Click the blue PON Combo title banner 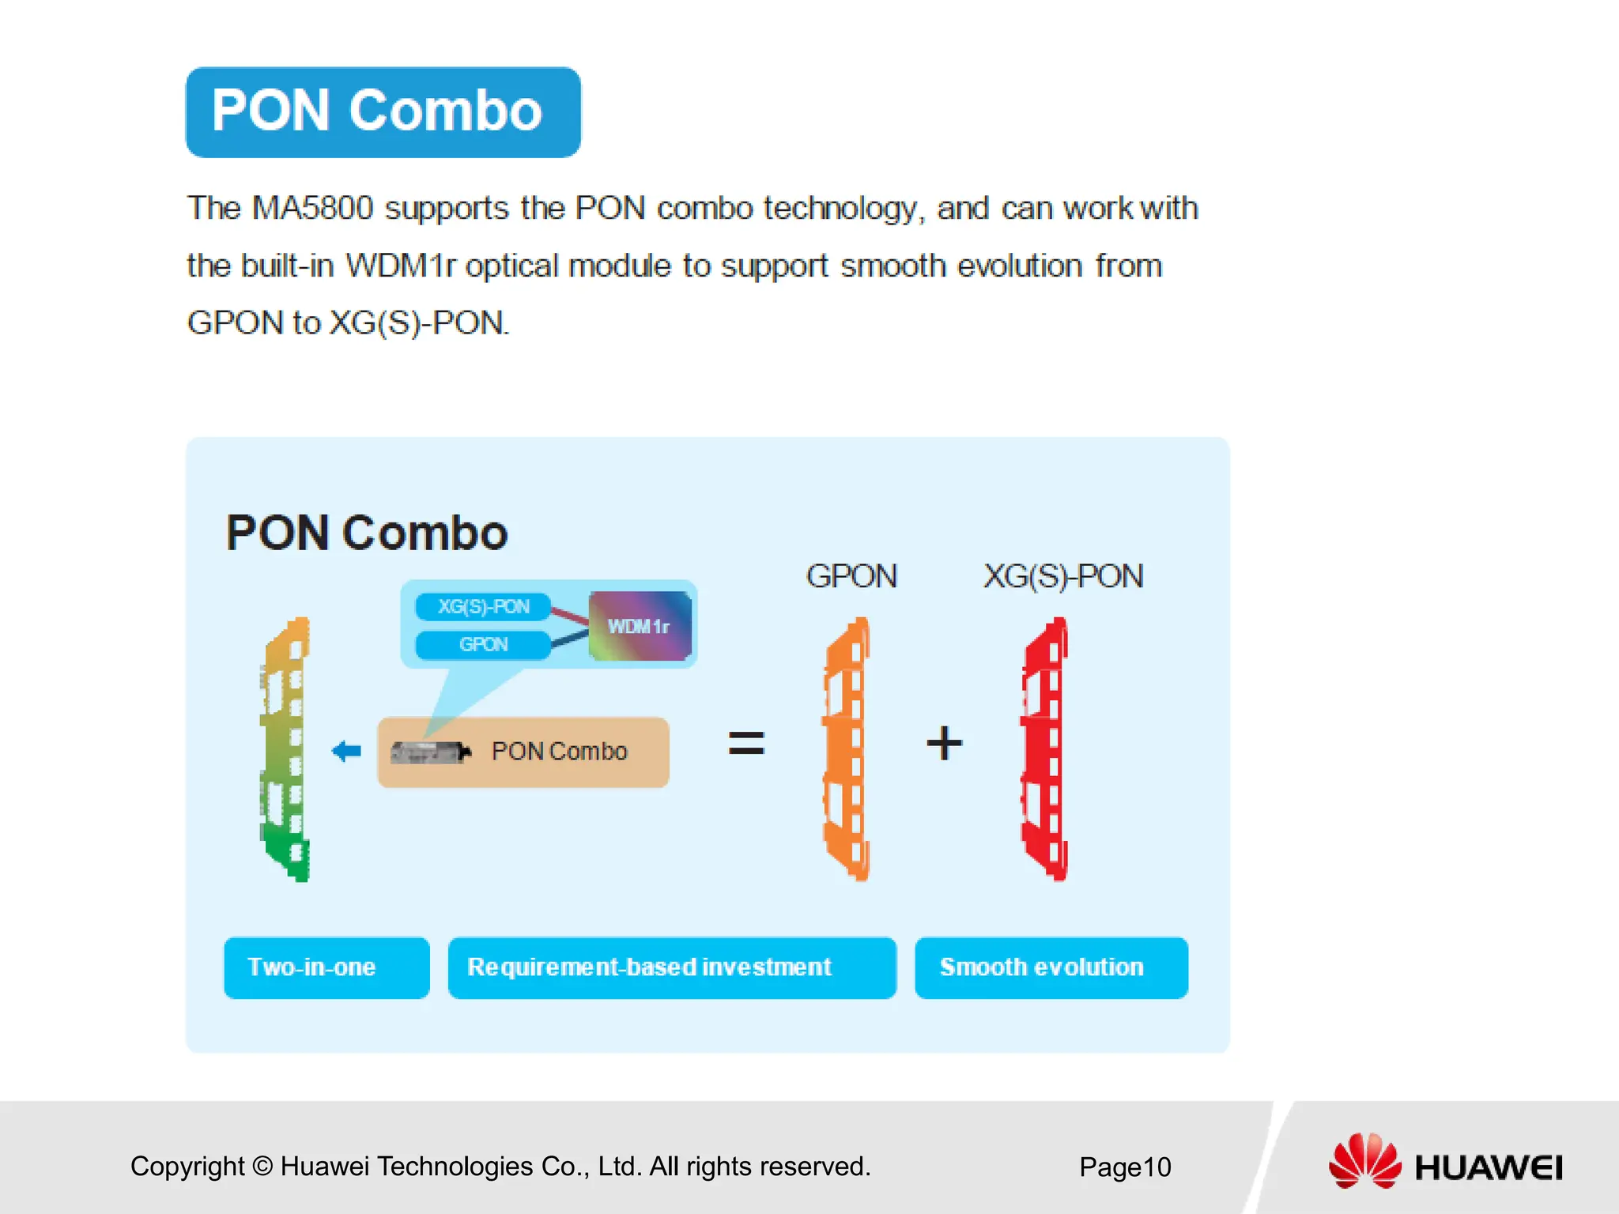click(383, 112)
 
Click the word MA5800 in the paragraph click(312, 209)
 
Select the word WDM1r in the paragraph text click(401, 266)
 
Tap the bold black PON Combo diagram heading click(367, 533)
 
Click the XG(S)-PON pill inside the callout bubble click(483, 607)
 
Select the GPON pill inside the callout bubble click(483, 645)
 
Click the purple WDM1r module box click(640, 626)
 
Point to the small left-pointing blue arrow click(346, 751)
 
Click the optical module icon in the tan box click(430, 752)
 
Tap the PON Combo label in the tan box click(559, 752)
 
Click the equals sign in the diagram click(745, 743)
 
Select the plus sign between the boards click(944, 743)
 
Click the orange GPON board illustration click(847, 749)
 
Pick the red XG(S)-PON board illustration click(1045, 749)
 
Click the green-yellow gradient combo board click(286, 749)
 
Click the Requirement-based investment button click(671, 967)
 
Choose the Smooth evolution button click(1051, 967)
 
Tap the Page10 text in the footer click(1124, 1167)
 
